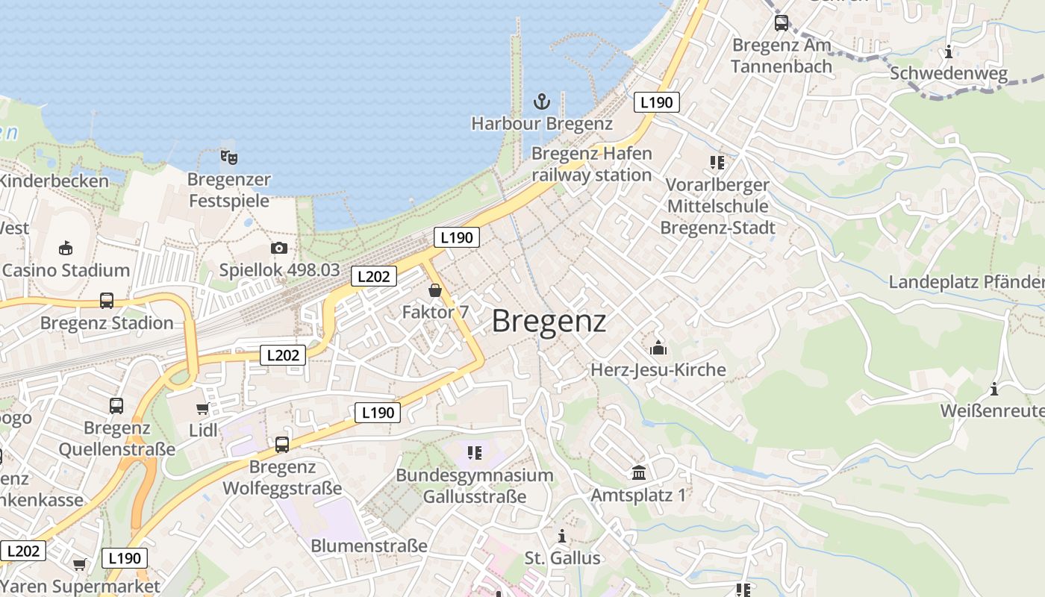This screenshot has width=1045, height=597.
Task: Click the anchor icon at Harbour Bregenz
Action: tap(541, 101)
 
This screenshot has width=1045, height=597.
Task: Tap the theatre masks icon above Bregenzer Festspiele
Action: tap(229, 157)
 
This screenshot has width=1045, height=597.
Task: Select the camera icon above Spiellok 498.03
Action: tap(279, 248)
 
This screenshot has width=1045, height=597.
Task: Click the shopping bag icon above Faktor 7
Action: tap(435, 290)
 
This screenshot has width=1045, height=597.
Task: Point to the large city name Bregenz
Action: tap(549, 322)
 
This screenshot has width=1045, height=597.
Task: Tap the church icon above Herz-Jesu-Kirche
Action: tap(658, 348)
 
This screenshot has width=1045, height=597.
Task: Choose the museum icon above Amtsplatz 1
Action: tap(639, 472)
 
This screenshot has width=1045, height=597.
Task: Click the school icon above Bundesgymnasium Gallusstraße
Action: tap(474, 452)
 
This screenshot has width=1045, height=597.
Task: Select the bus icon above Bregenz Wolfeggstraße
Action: tap(282, 445)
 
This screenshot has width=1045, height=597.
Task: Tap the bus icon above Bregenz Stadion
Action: tap(107, 301)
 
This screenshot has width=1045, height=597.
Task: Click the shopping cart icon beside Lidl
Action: tap(202, 409)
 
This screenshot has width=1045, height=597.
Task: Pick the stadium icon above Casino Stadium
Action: tap(66, 248)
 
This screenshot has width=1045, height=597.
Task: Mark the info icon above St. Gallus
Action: tap(562, 537)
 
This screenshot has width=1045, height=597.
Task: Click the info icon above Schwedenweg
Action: tap(949, 51)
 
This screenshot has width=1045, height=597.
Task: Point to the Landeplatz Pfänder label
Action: tap(966, 282)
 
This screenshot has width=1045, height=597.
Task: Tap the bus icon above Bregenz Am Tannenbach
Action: tap(782, 23)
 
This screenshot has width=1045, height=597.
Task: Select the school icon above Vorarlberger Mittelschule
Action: tap(717, 162)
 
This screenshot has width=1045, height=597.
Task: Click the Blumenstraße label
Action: tap(369, 546)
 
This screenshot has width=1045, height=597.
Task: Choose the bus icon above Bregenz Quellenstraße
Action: tap(116, 406)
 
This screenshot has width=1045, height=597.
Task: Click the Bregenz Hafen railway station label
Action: tap(591, 164)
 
